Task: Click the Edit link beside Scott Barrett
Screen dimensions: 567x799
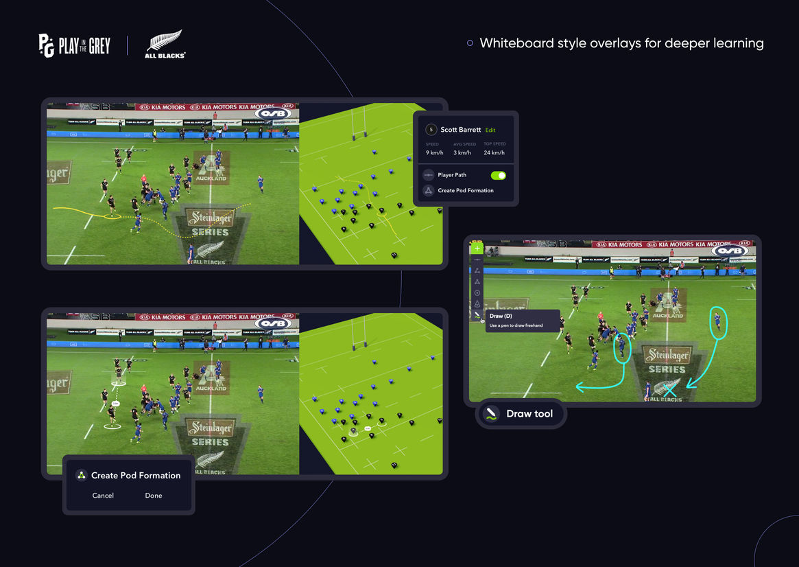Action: [490, 130]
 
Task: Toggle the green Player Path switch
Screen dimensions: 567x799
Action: [499, 176]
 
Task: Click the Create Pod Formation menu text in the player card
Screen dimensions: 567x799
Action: [466, 191]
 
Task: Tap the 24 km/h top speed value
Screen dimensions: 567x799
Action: [494, 153]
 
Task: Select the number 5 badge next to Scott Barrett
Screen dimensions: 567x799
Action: [431, 130]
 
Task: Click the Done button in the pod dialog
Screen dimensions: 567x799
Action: [154, 496]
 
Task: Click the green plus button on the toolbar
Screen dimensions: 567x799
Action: [477, 248]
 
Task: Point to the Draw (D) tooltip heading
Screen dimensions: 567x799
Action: [501, 316]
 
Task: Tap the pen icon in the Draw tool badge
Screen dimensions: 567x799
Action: [491, 414]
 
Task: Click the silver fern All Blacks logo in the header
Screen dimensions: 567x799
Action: [165, 44]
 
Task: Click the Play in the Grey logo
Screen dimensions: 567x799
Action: [74, 46]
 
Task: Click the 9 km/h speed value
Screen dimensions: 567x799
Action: [434, 153]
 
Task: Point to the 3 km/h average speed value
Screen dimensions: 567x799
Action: [464, 153]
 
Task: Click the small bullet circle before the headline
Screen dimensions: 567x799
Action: [470, 43]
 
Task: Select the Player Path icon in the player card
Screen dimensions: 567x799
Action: [429, 175]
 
